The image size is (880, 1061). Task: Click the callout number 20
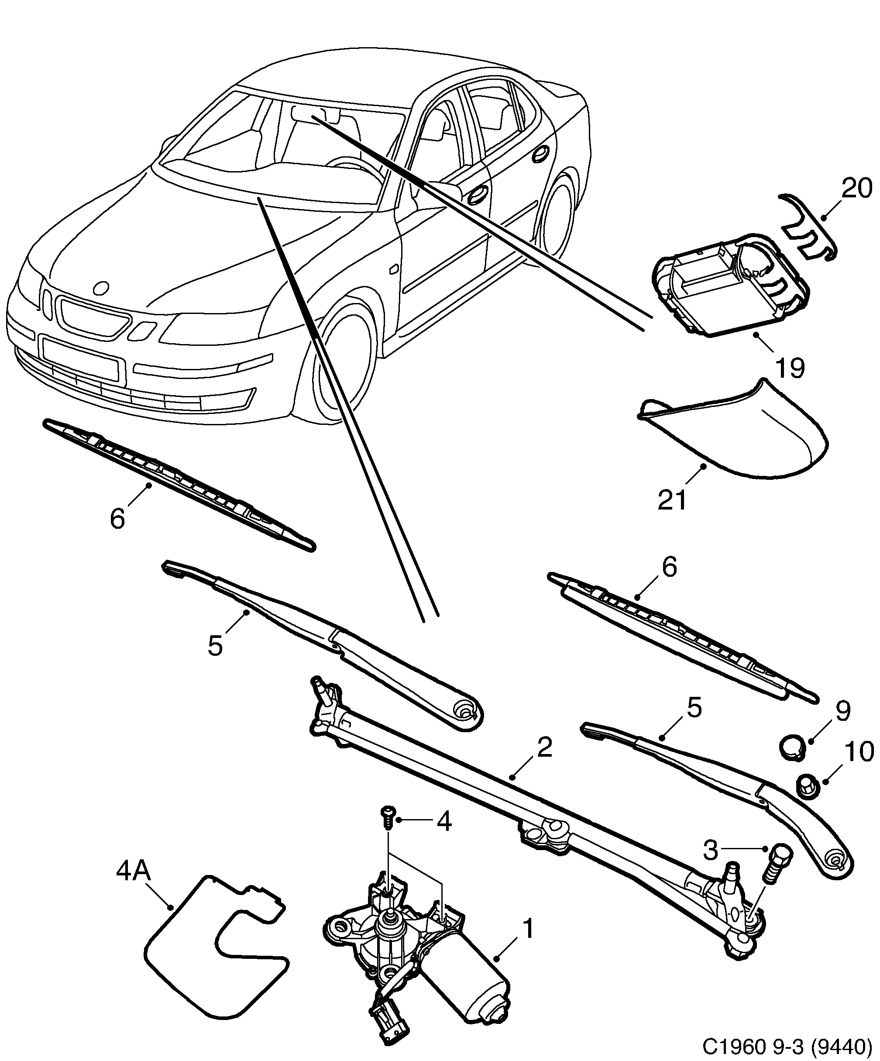coord(857,189)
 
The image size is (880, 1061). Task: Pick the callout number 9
coord(842,711)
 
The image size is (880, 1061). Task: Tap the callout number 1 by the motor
coord(527,929)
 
